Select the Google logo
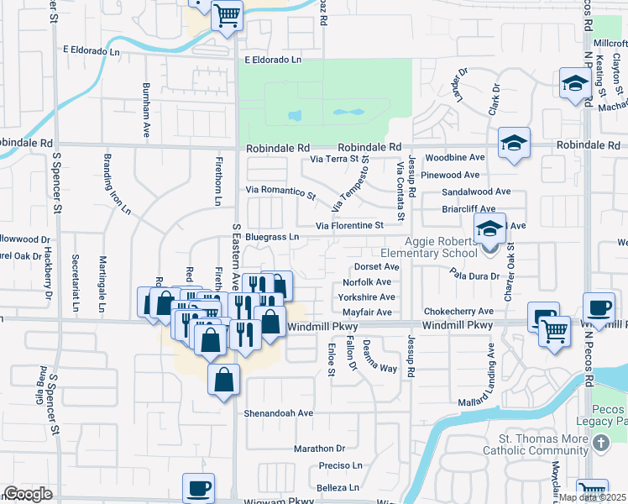click(x=27, y=494)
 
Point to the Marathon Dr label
click(x=320, y=449)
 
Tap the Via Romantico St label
click(x=280, y=192)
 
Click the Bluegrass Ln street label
click(x=272, y=237)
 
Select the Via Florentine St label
click(x=349, y=225)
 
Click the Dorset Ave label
click(x=375, y=266)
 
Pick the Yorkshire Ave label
click(x=366, y=297)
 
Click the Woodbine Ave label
click(x=455, y=157)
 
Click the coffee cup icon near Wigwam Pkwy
click(x=199, y=486)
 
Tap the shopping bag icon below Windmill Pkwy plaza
click(x=224, y=380)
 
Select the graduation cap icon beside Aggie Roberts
click(x=489, y=227)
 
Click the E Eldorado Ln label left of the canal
click(x=97, y=50)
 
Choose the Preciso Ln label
click(x=340, y=465)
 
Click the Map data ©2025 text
click(x=592, y=497)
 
